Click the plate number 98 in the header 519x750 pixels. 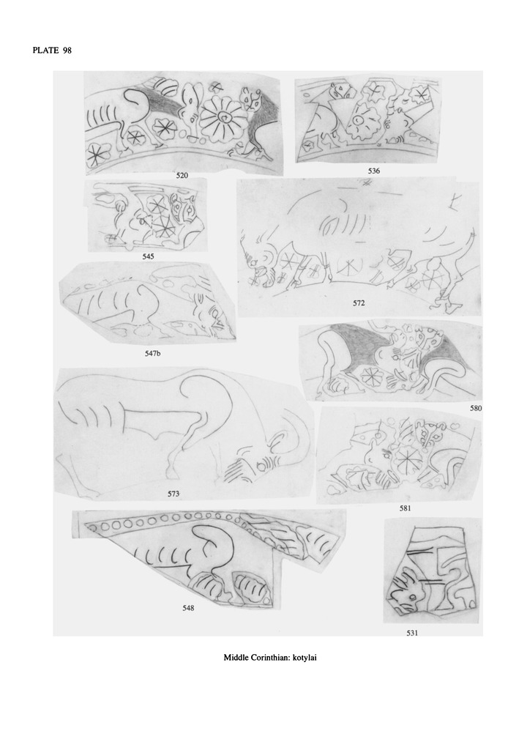coord(67,51)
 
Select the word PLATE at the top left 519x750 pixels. coord(46,51)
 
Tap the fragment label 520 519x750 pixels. coord(182,176)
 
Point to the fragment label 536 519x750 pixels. coord(374,171)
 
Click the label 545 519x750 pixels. coord(148,256)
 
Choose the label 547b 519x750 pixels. coord(152,354)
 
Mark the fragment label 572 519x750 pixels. coord(359,302)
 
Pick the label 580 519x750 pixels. coord(476,408)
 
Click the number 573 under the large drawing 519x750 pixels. coord(173,494)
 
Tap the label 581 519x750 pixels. coord(406,508)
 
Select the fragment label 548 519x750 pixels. coord(188,608)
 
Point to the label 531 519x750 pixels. coord(412,633)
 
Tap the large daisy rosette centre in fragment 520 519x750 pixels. coord(222,116)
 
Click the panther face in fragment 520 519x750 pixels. coord(252,100)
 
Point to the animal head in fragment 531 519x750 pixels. coord(406,591)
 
